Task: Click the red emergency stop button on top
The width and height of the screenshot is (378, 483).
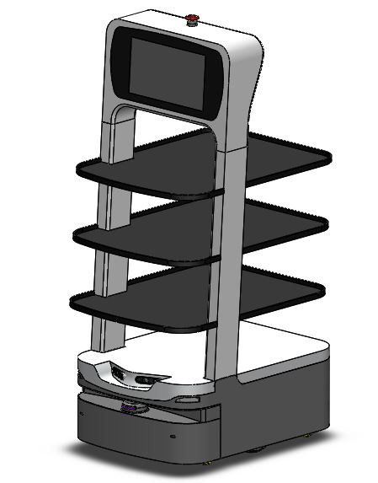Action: (192, 19)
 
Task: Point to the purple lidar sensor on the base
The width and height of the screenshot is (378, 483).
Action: (130, 409)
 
